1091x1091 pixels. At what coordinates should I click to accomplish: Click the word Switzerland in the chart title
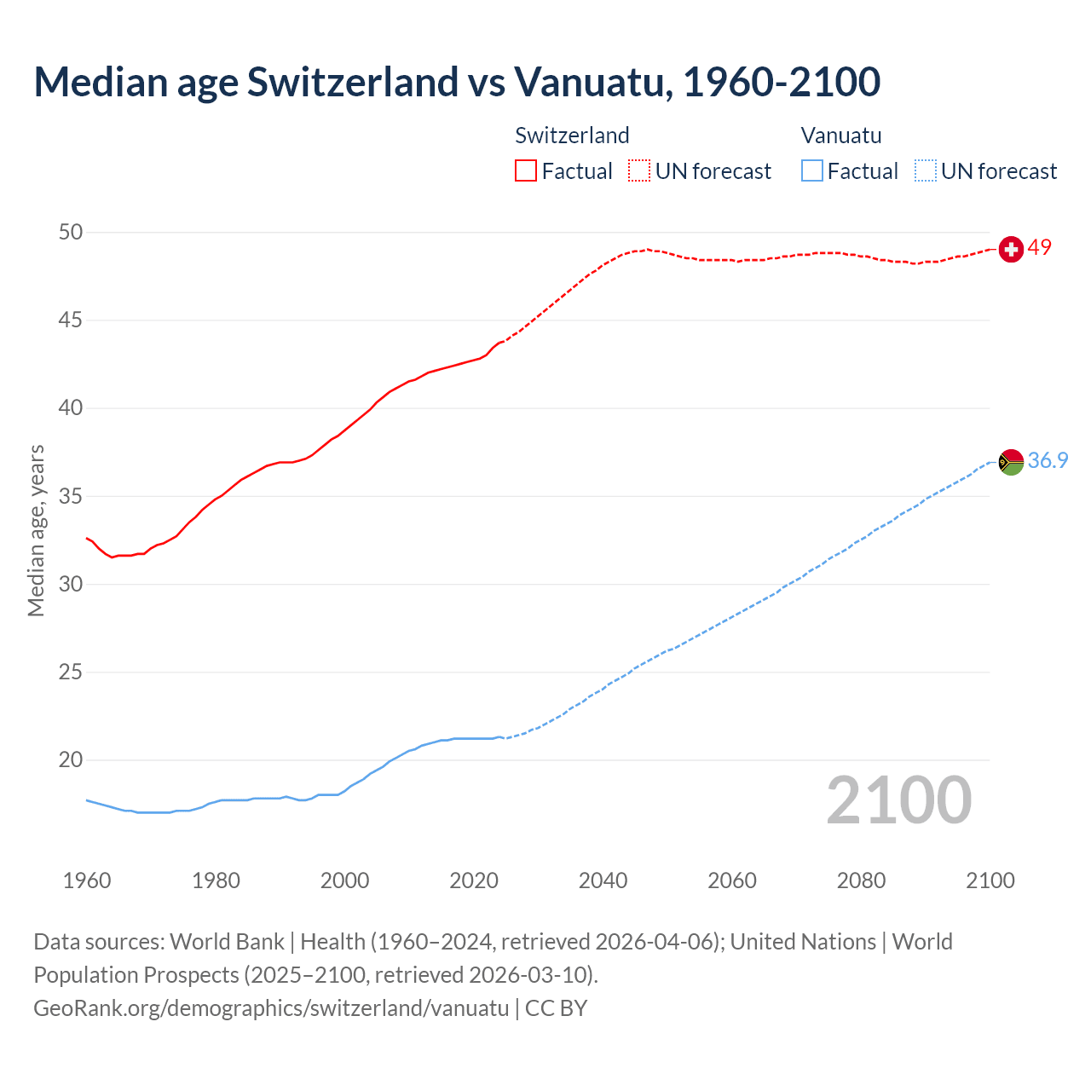click(352, 82)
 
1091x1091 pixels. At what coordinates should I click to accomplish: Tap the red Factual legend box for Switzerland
click(526, 170)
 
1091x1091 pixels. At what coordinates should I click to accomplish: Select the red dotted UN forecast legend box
click(639, 170)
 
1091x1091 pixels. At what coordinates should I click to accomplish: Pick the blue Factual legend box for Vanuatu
click(811, 170)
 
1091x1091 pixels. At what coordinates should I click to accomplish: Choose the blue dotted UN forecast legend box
click(925, 170)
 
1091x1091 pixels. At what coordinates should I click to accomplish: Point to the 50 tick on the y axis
click(71, 232)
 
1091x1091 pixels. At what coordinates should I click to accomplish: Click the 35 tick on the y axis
click(71, 496)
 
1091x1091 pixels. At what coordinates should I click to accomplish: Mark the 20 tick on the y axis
click(71, 759)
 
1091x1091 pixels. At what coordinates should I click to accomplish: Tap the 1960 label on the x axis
click(87, 880)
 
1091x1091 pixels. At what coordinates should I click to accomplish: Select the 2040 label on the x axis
click(603, 880)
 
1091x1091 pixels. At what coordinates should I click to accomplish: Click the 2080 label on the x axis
click(861, 880)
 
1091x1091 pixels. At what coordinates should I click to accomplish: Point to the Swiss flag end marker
click(1011, 249)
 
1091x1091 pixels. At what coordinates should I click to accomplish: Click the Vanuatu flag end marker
click(1011, 462)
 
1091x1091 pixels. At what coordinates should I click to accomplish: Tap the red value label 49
click(1039, 248)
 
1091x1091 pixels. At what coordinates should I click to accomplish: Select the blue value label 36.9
click(1048, 461)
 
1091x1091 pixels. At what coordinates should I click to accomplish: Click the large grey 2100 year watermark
click(899, 799)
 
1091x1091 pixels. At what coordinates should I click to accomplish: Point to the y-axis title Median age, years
click(36, 530)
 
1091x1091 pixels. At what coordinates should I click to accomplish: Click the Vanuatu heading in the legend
click(841, 136)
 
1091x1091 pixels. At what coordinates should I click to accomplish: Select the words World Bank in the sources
click(227, 942)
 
